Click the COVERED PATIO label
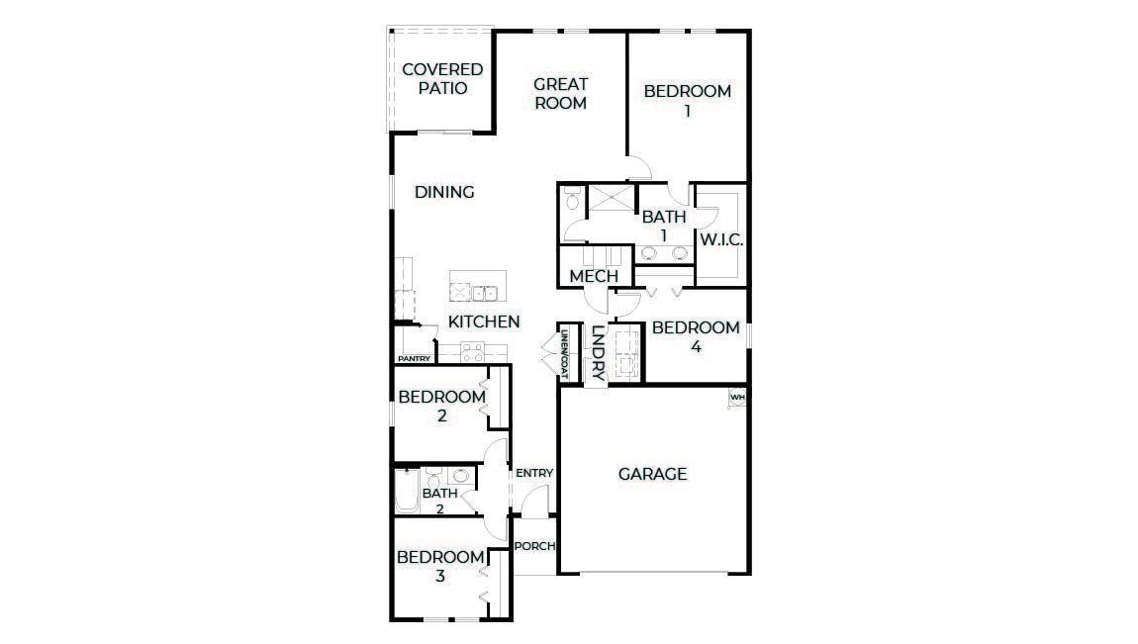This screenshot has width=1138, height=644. tap(442, 79)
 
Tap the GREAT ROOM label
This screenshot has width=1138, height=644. tap(561, 93)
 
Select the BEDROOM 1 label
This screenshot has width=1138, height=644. tap(687, 101)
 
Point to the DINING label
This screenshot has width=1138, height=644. tap(444, 192)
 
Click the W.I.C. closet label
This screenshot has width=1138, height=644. tap(721, 240)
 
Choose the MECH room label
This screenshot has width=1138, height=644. tap(594, 276)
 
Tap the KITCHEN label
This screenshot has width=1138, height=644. tap(484, 322)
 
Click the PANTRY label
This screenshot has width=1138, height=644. tap(414, 358)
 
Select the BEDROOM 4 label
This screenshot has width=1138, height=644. tap(696, 337)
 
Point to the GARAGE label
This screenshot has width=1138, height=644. tap(652, 474)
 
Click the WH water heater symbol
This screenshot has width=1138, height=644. tap(737, 398)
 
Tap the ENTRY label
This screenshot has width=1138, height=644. tap(533, 473)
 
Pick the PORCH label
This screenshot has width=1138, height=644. tap(535, 546)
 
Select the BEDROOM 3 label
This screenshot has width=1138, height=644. tap(440, 566)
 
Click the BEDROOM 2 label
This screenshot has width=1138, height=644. tap(441, 407)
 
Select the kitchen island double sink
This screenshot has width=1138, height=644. tap(484, 292)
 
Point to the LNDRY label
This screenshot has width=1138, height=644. tap(598, 353)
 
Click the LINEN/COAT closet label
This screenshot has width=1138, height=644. tap(564, 354)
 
